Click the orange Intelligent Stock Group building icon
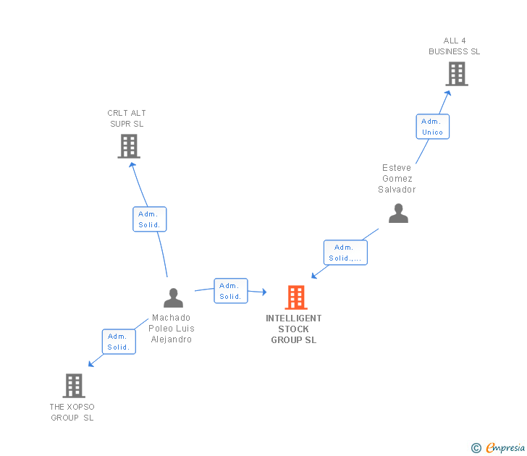(295, 297)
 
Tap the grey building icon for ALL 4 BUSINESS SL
(456, 74)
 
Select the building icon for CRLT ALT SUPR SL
(128, 146)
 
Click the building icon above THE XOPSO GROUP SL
(74, 386)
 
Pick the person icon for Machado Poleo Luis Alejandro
(173, 297)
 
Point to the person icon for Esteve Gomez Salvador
(398, 213)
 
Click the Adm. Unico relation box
(432, 127)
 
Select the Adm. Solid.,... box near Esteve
(346, 253)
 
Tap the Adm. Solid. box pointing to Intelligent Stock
(230, 291)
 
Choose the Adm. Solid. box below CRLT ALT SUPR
(149, 219)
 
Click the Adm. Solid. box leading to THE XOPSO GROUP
(118, 342)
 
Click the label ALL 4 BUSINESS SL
(454, 46)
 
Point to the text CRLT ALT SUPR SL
(127, 119)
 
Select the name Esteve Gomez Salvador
(397, 179)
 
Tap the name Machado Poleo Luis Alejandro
(172, 329)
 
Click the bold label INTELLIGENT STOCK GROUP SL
(294, 329)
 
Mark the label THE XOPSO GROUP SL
(72, 412)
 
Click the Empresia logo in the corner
(505, 448)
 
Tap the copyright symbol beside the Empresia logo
(476, 448)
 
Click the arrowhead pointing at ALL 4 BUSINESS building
(448, 92)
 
